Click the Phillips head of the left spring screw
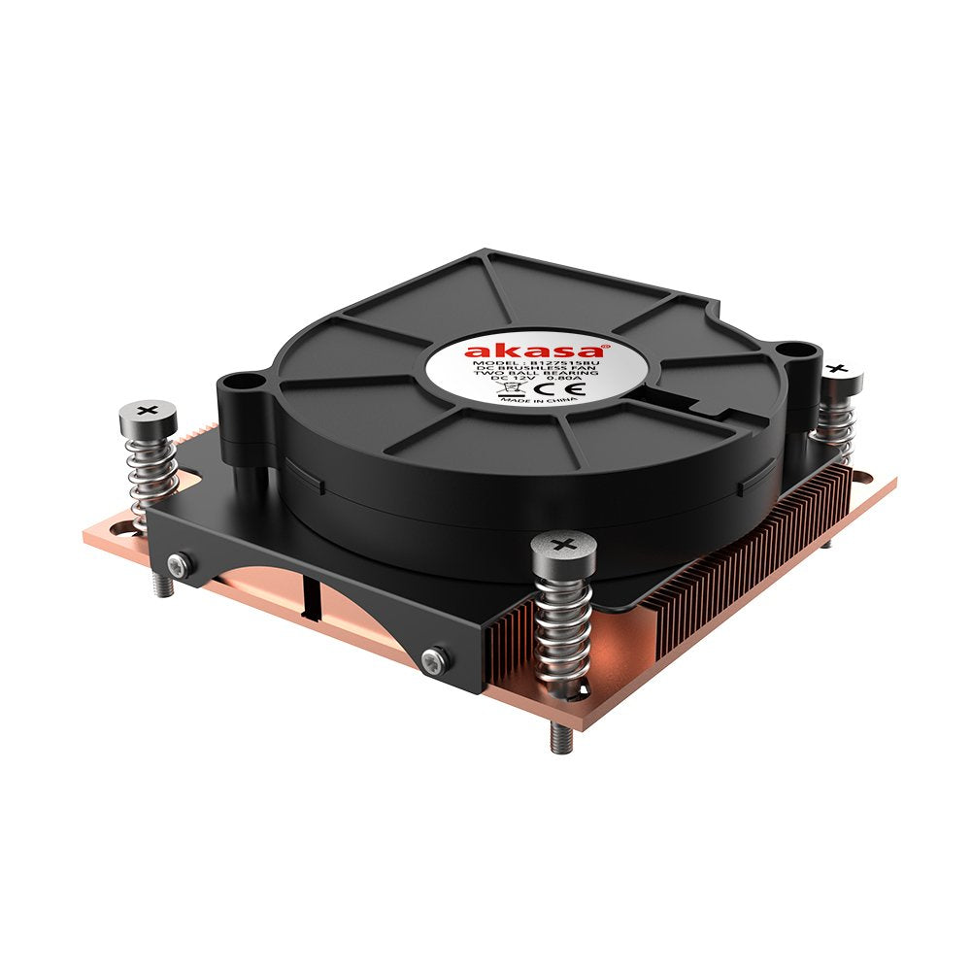coord(148,412)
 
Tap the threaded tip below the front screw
coord(561,738)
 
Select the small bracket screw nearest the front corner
coord(434,659)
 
